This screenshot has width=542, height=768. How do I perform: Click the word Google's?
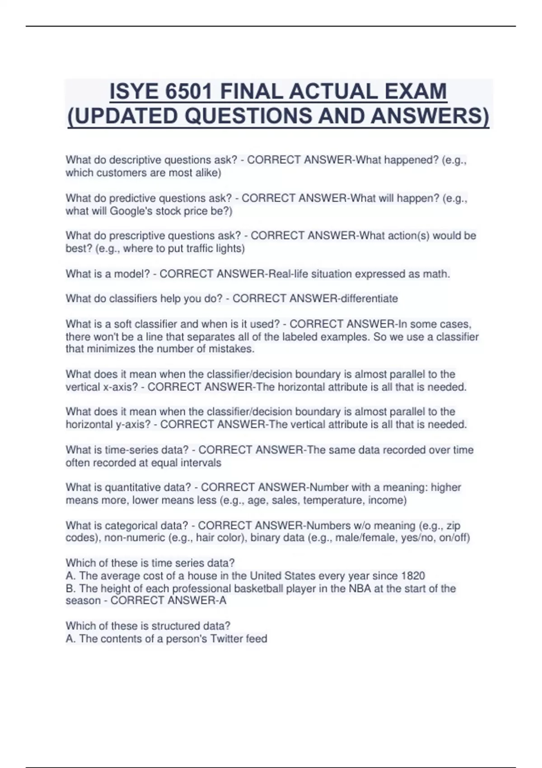coord(131,211)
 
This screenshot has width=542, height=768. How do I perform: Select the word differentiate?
coord(364,299)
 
